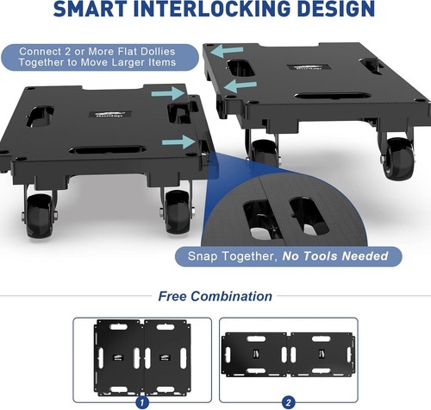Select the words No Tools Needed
[335, 255]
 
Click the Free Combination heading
[215, 296]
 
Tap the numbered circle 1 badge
[142, 402]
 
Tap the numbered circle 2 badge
[288, 402]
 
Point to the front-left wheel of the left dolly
[40, 216]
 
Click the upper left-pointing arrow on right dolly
[227, 51]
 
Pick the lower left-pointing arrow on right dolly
[240, 85]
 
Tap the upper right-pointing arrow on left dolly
[168, 93]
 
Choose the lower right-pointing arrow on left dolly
[178, 142]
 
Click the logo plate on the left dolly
[110, 114]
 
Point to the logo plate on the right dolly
[309, 68]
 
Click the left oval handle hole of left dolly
[41, 117]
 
